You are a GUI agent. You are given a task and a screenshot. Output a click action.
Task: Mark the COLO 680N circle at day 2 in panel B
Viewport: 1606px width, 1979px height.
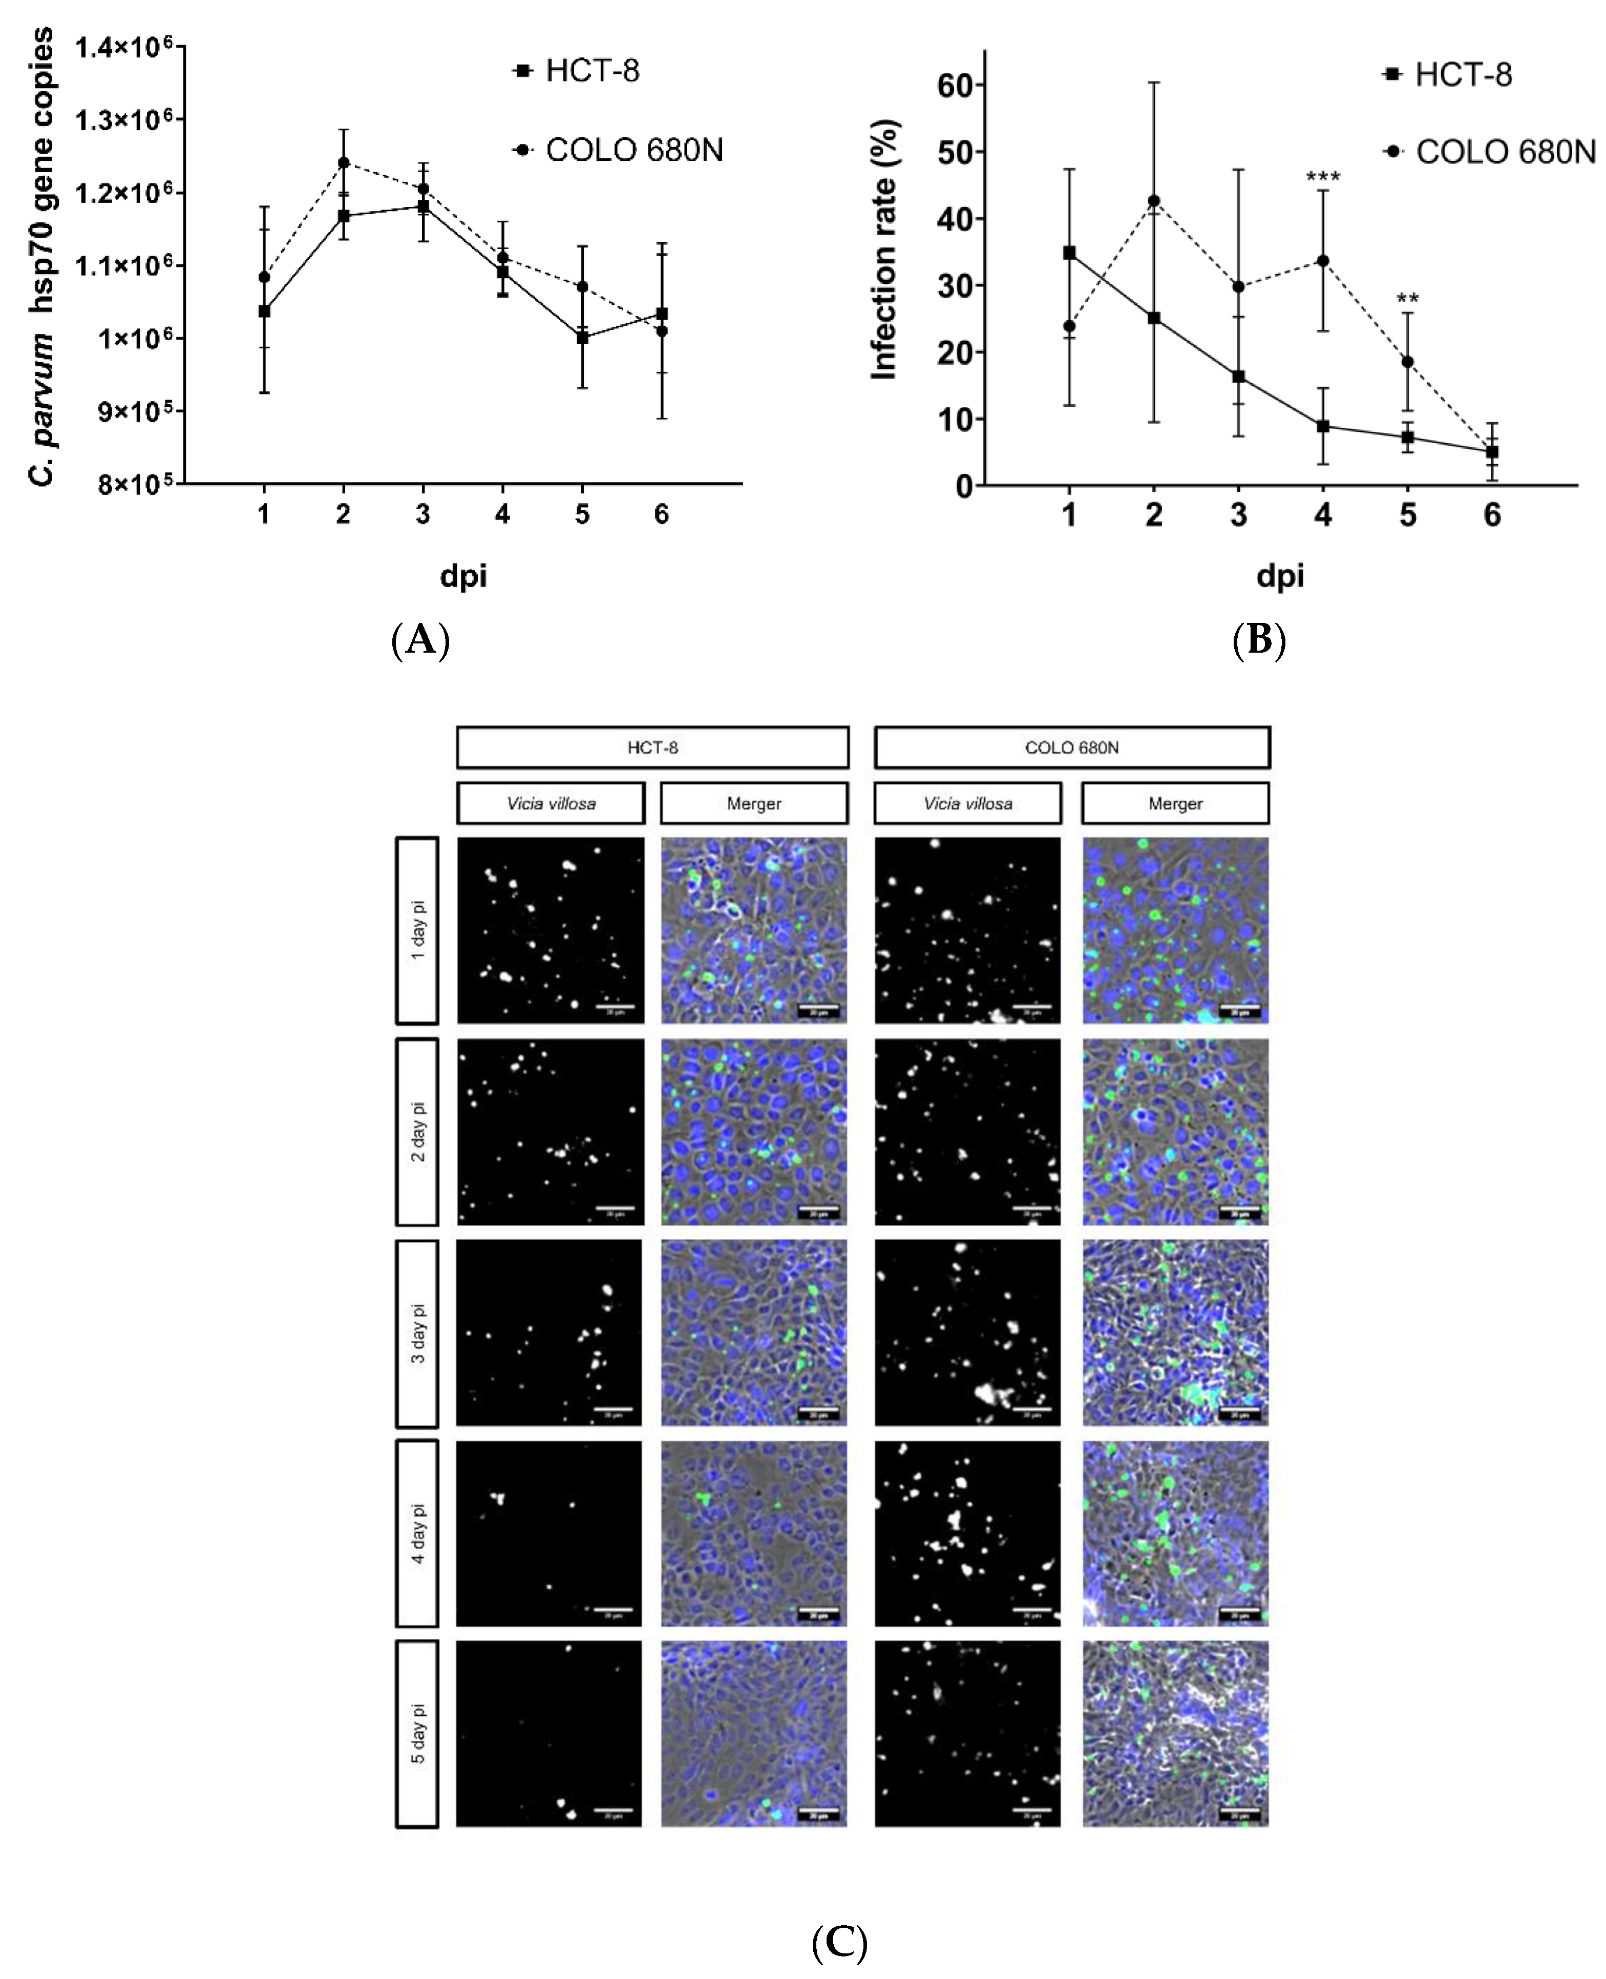(1154, 201)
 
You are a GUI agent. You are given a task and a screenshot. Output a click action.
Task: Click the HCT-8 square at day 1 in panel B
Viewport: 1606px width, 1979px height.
(1069, 253)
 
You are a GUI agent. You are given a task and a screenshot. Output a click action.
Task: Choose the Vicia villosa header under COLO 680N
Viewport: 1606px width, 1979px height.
(968, 803)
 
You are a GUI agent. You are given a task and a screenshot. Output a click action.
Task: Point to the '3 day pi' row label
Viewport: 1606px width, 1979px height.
(417, 1333)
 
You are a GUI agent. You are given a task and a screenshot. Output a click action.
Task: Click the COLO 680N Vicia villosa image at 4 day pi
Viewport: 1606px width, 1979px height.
(968, 1534)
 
